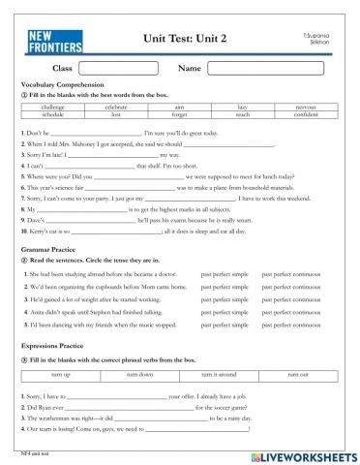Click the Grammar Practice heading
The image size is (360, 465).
tap(48, 250)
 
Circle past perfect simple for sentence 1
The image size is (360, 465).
tap(224, 274)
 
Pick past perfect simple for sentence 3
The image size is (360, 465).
tap(224, 299)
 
